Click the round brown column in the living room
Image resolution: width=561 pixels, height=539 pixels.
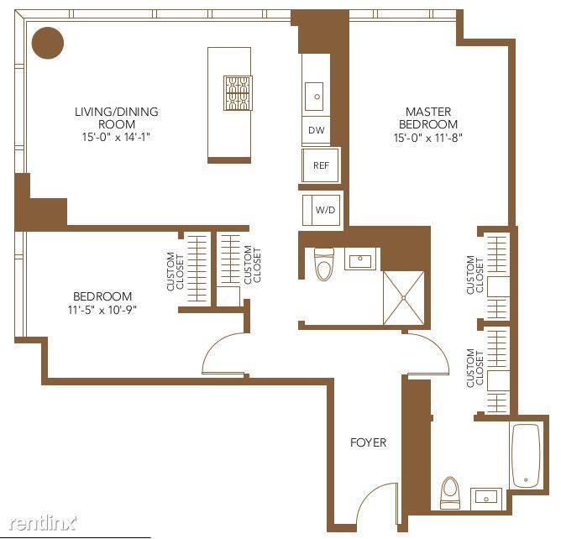[x=48, y=43]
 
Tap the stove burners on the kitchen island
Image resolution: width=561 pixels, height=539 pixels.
[x=238, y=93]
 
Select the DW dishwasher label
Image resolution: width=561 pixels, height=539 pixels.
[x=317, y=130]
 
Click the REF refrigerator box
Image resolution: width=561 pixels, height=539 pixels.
[x=321, y=165]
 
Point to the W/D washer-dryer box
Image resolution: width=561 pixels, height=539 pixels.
[x=322, y=210]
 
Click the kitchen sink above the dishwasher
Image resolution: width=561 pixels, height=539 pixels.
[x=314, y=97]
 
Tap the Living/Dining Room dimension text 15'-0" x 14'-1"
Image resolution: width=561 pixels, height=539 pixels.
[x=116, y=137]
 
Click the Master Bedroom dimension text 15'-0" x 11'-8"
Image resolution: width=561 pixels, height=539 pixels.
[x=428, y=138]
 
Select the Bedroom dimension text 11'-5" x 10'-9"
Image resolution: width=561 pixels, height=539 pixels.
[x=102, y=310]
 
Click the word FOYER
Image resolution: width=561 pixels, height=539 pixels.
[x=368, y=442]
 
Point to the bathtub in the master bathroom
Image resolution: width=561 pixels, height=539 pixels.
[x=526, y=455]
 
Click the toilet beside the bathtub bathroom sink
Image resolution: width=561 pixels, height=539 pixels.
[x=450, y=493]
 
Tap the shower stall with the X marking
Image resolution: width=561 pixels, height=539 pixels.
[x=404, y=298]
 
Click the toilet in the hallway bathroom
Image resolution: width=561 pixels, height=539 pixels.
[x=324, y=264]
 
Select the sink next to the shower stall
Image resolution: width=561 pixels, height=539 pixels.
[x=360, y=259]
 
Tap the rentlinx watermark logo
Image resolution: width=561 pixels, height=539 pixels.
[x=43, y=524]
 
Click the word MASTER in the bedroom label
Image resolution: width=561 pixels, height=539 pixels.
[x=428, y=112]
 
